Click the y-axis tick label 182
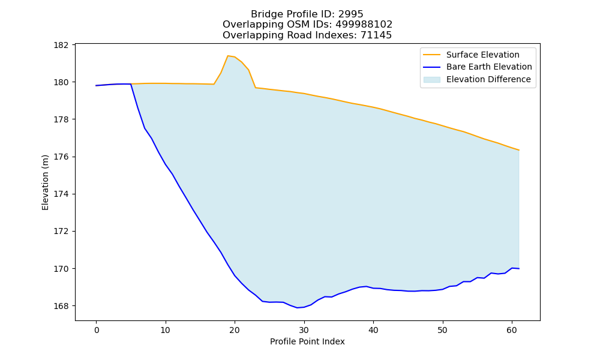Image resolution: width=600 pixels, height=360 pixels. (x=61, y=45)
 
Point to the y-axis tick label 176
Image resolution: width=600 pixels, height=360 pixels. (x=61, y=157)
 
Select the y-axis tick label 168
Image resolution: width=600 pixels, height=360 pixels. (x=61, y=306)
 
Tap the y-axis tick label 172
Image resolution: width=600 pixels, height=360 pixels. (x=61, y=232)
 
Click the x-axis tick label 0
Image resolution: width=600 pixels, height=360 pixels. (x=96, y=330)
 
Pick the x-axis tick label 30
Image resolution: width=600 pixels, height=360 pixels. (x=304, y=330)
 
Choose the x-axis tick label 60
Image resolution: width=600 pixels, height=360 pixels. (x=512, y=330)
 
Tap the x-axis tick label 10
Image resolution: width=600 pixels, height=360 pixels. (x=166, y=330)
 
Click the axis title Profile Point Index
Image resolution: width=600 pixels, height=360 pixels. (x=307, y=341)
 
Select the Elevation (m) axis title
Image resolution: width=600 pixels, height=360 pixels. (x=45, y=182)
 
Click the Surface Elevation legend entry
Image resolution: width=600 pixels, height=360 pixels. (x=483, y=55)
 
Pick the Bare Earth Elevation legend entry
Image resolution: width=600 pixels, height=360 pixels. (x=489, y=67)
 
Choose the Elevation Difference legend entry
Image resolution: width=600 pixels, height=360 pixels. (x=488, y=79)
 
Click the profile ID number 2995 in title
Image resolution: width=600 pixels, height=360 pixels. (x=350, y=14)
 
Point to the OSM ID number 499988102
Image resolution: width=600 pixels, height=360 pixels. (x=364, y=25)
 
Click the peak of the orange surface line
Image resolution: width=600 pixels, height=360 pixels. (x=227, y=55)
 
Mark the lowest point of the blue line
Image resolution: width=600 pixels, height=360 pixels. (x=297, y=308)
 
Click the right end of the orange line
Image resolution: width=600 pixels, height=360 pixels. (x=519, y=150)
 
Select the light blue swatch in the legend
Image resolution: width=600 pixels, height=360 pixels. (x=431, y=80)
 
